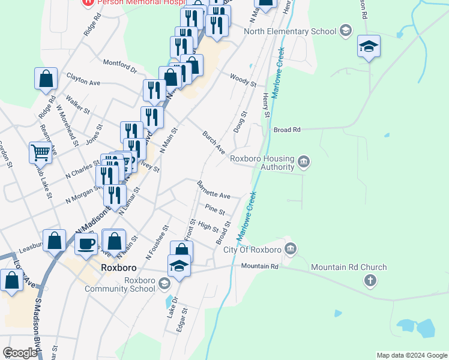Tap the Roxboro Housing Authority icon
coord(304,161)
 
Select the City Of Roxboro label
coord(253,250)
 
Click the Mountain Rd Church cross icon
coord(370,280)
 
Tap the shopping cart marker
coord(40,152)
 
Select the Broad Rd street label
coord(286,129)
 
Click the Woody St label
coord(243,79)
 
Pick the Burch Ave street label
coord(213,142)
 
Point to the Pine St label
coord(214,209)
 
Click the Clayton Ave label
coord(83,81)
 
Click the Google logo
coord(20,353)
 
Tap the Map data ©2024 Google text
coord(412,355)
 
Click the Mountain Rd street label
coord(260,266)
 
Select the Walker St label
coord(78,107)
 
